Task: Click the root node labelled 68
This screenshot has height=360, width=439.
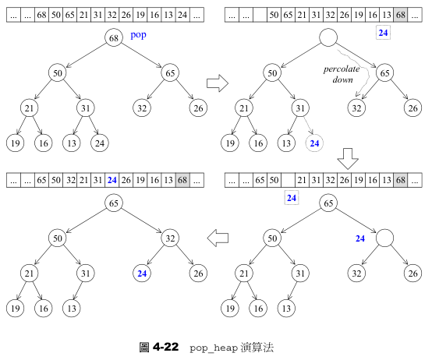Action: [x=114, y=37]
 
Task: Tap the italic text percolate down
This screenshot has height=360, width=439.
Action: [x=342, y=75]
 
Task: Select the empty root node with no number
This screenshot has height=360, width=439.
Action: [x=328, y=37]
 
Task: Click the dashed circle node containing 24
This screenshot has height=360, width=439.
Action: [x=315, y=143]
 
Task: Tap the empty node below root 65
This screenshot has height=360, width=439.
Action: [x=384, y=238]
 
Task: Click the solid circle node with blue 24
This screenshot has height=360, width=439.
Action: [x=142, y=274]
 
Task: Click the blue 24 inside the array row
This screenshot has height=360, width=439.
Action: [x=112, y=180]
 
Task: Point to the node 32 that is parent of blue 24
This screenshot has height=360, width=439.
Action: [x=171, y=238]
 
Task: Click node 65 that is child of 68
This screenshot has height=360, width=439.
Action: [x=171, y=73]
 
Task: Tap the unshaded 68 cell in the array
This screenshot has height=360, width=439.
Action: [x=42, y=14]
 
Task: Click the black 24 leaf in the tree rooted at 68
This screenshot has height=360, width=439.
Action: [x=99, y=143]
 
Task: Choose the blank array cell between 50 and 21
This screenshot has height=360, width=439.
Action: [x=288, y=180]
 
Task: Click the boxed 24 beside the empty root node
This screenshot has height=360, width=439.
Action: [x=383, y=33]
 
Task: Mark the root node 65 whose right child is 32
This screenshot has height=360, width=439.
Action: [x=114, y=204]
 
